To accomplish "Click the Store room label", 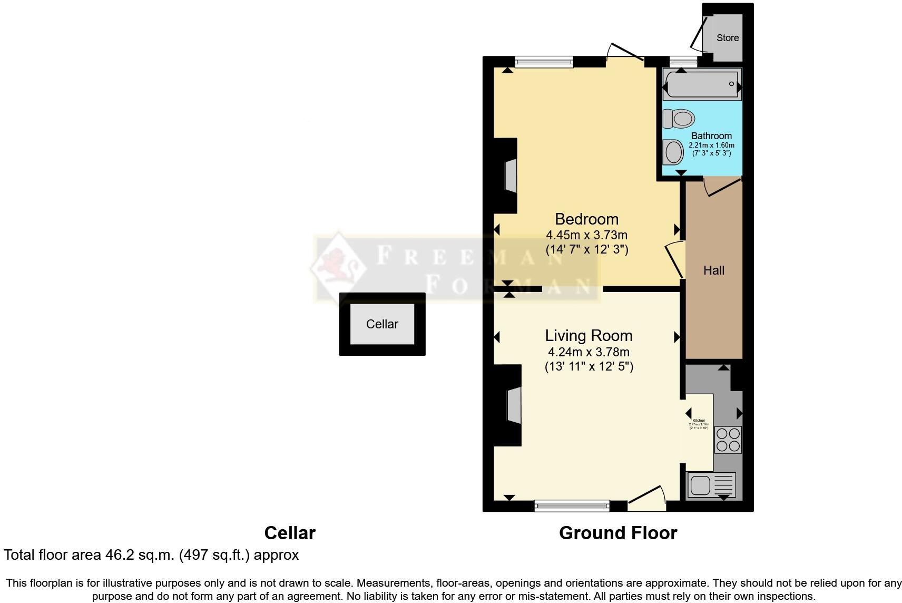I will [727, 38].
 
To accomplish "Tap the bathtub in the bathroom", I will [702, 84].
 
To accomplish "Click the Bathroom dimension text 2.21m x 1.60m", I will [711, 145].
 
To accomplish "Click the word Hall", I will [713, 270].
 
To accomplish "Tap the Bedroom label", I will [586, 219].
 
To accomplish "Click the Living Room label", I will [589, 336].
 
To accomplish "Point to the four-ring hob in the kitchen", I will [728, 440].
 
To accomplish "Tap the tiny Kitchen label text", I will [699, 421].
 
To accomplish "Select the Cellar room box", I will [382, 324].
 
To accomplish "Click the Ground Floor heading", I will [617, 533].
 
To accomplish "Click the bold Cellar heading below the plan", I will [289, 533].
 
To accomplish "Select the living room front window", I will [572, 506].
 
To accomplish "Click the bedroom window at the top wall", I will [544, 62].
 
